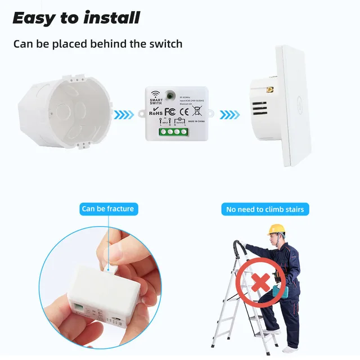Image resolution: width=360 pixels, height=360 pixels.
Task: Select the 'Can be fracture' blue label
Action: coord(108,209)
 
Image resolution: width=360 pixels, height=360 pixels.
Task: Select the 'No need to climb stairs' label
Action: coord(265,209)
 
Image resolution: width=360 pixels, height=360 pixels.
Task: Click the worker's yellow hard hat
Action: coord(276,229)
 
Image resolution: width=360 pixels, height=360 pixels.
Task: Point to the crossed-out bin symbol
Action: coord(196,111)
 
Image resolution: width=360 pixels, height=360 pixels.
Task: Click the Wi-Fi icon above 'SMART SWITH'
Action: coord(156,92)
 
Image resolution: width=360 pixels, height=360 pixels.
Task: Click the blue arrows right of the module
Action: coord(229,115)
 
